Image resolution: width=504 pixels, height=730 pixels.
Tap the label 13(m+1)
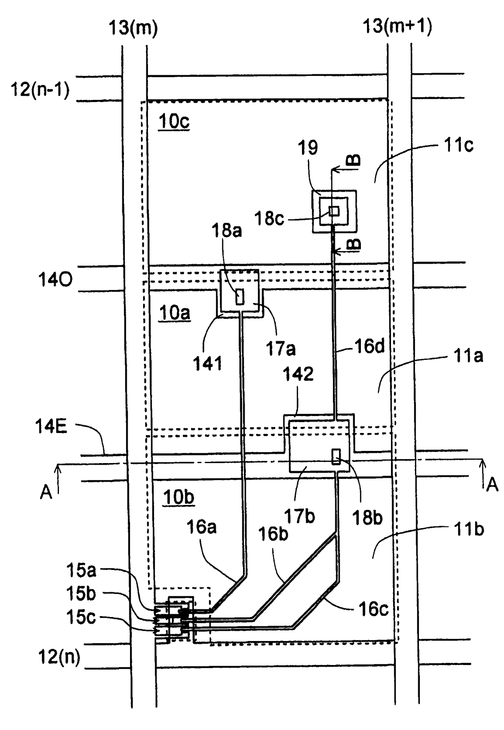coord(397,26)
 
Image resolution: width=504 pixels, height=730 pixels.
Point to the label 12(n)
coord(59,657)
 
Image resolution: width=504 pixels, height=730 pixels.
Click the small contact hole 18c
coord(334,211)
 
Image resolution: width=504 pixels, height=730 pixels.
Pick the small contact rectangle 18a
coord(240,297)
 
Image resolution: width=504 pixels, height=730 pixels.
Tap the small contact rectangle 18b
coord(336,457)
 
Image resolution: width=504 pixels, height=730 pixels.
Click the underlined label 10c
coord(174,121)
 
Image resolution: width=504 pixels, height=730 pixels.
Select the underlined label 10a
coord(174,313)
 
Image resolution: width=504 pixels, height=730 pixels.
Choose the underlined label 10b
coord(178,497)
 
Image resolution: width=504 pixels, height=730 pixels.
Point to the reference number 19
coord(308,148)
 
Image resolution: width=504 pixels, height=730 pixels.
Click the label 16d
coord(369,347)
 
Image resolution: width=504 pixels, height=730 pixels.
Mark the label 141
coord(208,364)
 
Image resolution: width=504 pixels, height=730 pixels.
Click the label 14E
coord(51,427)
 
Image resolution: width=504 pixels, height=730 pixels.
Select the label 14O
coord(55,279)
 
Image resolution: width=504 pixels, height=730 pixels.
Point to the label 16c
coord(373,609)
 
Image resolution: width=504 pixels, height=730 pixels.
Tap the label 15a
coord(81,571)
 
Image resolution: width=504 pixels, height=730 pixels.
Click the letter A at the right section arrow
coord(492,485)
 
